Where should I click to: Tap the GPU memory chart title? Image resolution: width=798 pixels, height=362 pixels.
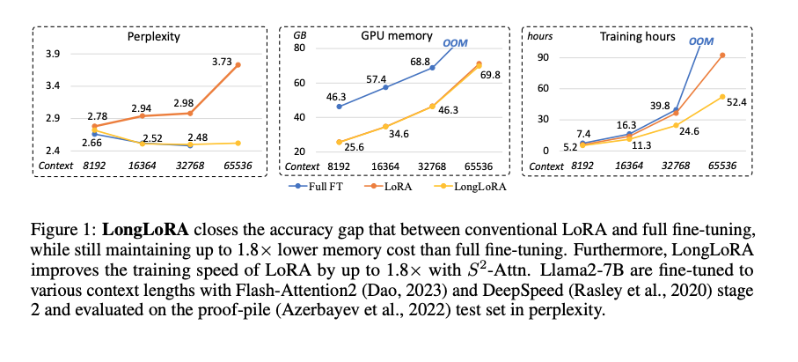pos(397,38)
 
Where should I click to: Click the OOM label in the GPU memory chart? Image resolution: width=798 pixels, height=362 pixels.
pos(455,41)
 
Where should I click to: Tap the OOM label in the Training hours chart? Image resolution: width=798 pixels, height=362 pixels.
pos(701,41)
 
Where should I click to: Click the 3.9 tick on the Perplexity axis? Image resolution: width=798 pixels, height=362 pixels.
pos(52,55)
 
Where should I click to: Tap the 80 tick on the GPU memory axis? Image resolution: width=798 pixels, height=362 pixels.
pos(310,48)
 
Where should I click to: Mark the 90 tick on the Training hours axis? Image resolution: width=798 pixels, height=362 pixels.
pos(554,58)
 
